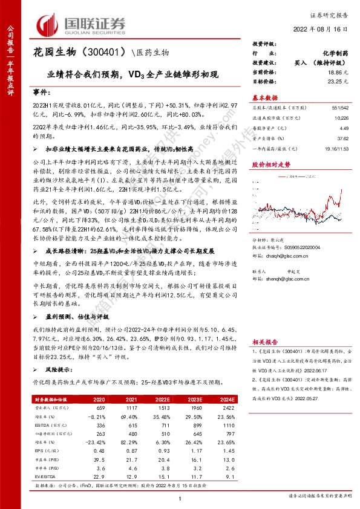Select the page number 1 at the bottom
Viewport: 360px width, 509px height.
pyautogui.click(x=180, y=497)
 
